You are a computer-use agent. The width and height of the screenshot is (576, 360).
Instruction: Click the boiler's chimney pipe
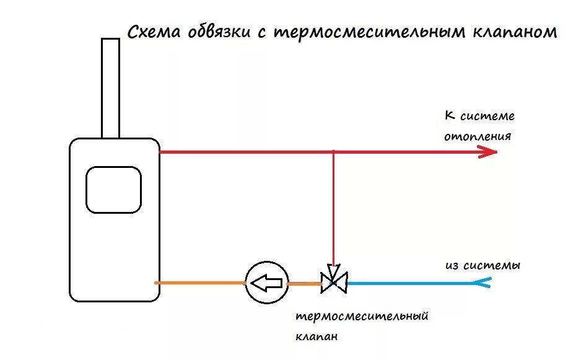(110, 87)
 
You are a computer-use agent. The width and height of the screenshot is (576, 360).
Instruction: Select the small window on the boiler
(113, 190)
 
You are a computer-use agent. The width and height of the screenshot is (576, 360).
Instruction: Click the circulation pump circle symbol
(267, 284)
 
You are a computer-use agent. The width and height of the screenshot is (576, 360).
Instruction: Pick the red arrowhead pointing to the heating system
(489, 152)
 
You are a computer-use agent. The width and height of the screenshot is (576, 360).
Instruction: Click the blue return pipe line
(409, 284)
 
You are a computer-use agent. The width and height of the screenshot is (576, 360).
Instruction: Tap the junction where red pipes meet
(333, 152)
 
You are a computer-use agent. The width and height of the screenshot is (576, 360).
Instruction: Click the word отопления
(478, 136)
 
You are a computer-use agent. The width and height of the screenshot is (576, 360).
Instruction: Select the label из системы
(482, 266)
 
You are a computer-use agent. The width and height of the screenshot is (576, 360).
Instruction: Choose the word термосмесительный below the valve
(362, 317)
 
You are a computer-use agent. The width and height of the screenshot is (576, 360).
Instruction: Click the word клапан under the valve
(316, 337)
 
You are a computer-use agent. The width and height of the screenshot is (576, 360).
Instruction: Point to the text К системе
(479, 116)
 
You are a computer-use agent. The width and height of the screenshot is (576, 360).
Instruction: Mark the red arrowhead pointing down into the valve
(333, 271)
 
